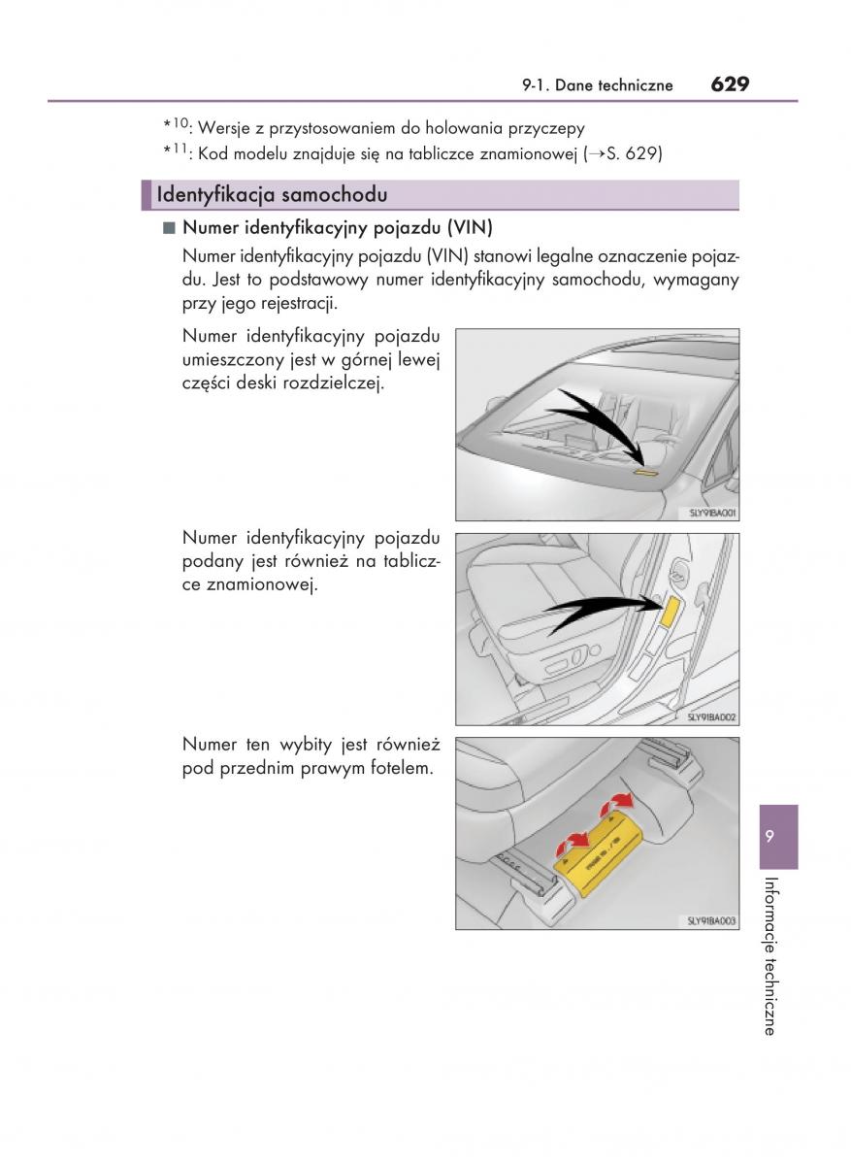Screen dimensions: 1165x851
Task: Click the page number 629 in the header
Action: coord(729,84)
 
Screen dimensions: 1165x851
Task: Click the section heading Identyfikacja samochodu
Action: coord(272,195)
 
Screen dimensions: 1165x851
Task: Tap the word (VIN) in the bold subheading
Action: coord(470,229)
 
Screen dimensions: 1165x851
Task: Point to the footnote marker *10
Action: coord(178,126)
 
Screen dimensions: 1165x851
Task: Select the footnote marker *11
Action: coord(178,152)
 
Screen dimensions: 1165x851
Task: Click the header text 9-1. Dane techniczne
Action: coord(597,85)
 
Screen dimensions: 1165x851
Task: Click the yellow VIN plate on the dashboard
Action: coord(644,473)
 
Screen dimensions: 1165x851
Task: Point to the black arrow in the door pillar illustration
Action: coord(597,609)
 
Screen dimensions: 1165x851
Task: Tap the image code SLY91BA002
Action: coord(711,716)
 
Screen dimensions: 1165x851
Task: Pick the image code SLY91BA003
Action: coord(711,920)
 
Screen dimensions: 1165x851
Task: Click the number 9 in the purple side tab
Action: coord(769,836)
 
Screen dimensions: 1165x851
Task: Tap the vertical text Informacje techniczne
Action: coord(769,956)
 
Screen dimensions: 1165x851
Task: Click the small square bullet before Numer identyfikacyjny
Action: coord(169,229)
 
